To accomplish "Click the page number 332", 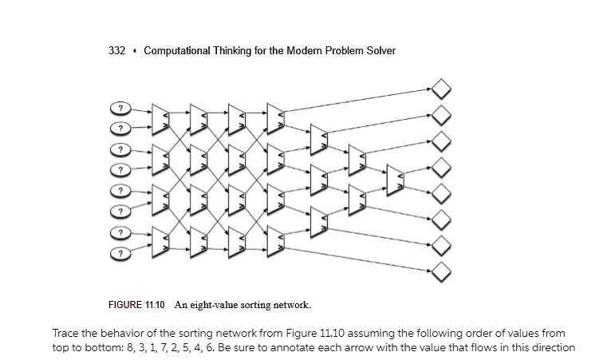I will coord(117,51).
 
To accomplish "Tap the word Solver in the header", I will coord(380,51).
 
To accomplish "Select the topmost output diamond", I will coord(441,87).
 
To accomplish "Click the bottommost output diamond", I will coord(441,275).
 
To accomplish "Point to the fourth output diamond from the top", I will coord(441,168).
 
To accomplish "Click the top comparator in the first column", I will coord(160,117).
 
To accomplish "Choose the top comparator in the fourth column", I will coord(276,117).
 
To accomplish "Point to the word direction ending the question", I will coord(552,347).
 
